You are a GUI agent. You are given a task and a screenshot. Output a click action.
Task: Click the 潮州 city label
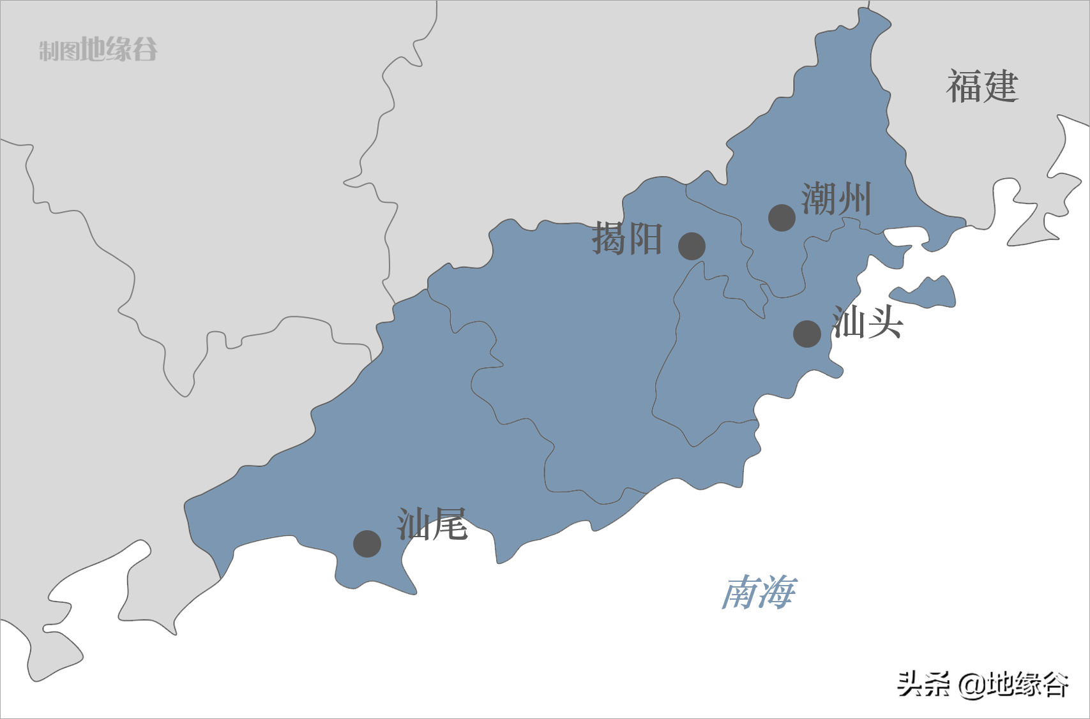[836, 199]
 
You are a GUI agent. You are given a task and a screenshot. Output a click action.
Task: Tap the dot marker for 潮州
[782, 218]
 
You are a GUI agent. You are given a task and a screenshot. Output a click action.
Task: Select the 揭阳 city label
[627, 239]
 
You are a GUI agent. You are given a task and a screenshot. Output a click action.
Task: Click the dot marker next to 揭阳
[692, 246]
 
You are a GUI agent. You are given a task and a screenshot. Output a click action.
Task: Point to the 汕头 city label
[867, 322]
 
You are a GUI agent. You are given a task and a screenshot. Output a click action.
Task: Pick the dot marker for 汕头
[807, 334]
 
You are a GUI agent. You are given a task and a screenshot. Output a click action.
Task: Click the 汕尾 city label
[432, 524]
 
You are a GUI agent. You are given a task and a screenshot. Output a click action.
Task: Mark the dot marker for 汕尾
[367, 544]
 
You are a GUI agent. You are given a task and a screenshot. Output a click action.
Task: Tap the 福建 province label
[982, 87]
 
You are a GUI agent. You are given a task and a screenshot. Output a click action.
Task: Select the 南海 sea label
[759, 593]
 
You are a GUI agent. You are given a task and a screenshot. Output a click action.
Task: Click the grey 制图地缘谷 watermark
[98, 49]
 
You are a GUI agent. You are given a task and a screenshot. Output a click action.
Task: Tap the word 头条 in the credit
[923, 685]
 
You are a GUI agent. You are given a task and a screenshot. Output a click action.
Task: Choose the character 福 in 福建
[964, 87]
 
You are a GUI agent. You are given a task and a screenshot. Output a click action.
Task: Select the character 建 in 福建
[1000, 87]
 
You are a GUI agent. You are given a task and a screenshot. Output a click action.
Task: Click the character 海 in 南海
[777, 593]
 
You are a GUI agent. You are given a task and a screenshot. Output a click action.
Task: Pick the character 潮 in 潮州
[819, 199]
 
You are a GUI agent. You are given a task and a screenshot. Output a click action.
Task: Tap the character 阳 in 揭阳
[645, 239]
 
